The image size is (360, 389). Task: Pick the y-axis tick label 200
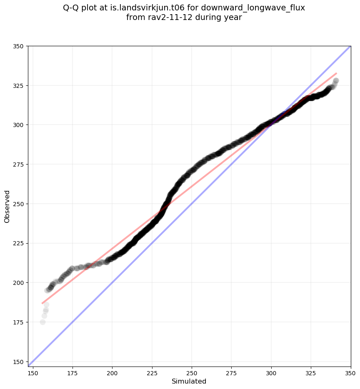19,283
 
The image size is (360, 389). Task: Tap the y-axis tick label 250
19,204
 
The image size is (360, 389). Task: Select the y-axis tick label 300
19,125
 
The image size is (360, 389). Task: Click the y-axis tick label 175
19,322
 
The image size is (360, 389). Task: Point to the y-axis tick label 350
19,46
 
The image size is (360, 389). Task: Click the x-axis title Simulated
189,382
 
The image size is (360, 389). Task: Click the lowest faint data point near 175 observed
42,322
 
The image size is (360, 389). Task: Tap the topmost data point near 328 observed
336,81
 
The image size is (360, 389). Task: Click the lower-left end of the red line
42,303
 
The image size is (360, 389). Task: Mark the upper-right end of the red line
336,73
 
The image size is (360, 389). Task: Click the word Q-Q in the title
72,8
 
